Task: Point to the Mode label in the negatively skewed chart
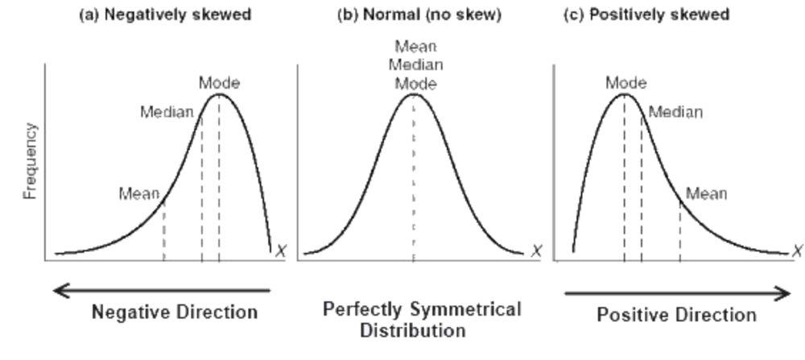pyautogui.click(x=219, y=82)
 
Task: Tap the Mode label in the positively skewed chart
pyautogui.click(x=625, y=82)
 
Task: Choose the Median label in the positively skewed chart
pyautogui.click(x=675, y=112)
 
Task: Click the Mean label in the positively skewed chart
pyautogui.click(x=706, y=193)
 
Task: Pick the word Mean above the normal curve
pyautogui.click(x=416, y=48)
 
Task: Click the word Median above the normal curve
pyautogui.click(x=416, y=65)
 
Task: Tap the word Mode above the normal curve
pyautogui.click(x=416, y=83)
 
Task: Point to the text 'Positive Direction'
pyautogui.click(x=676, y=314)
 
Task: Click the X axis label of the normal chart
pyautogui.click(x=536, y=251)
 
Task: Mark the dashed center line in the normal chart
pyautogui.click(x=414, y=185)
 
